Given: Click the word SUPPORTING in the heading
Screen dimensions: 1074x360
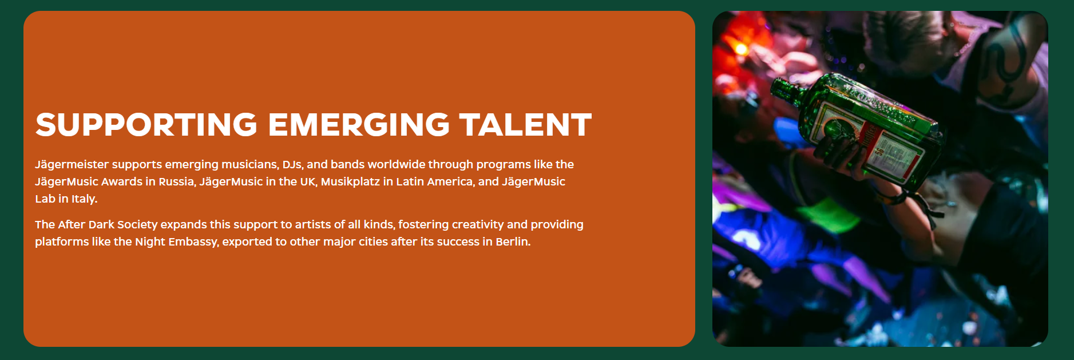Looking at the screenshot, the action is [146, 125].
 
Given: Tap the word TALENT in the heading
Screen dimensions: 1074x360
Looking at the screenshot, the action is [525, 125].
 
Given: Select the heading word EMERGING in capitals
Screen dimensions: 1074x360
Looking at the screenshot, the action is [359, 125].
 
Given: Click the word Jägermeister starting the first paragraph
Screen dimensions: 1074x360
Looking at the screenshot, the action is [72, 165].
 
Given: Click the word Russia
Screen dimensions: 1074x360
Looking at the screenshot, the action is [176, 181].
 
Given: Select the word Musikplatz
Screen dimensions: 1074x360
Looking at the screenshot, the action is [350, 182].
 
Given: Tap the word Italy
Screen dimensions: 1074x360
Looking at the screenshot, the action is [84, 199].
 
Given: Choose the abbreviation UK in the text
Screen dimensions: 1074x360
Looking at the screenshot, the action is [308, 182].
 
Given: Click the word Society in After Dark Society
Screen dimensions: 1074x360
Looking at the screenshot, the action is [137, 225].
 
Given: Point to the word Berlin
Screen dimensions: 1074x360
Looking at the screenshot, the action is [513, 242].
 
